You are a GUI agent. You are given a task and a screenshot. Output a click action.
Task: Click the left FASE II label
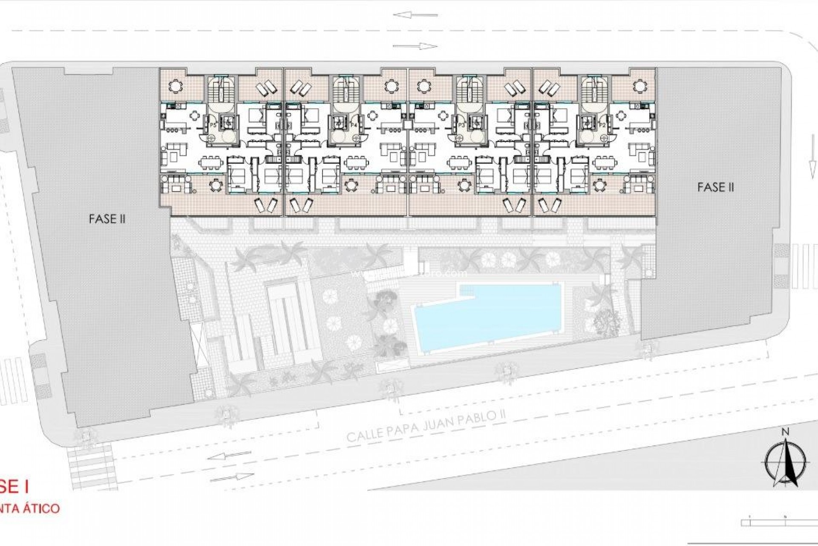pos(107,219)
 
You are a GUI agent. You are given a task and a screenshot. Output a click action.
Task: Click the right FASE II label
pos(716,187)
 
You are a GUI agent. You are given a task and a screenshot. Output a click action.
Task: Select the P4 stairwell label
pos(353,125)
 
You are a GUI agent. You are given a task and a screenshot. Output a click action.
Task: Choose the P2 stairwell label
pos(602,125)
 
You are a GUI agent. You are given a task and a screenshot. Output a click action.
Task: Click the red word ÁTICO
pos(44,509)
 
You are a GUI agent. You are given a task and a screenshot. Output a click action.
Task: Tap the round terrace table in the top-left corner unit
pos(175,87)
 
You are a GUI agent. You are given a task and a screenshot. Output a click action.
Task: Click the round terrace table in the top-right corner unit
pos(639,87)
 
